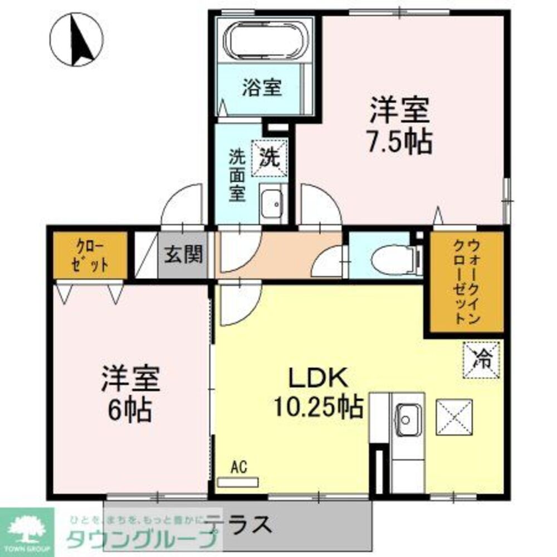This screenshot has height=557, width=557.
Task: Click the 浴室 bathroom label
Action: coord(261,87)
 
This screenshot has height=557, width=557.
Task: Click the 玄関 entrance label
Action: coord(182,256)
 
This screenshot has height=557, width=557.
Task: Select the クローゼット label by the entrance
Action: coord(90,256)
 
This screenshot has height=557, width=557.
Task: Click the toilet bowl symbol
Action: coord(393,260)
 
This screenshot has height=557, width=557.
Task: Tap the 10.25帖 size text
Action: coord(318,408)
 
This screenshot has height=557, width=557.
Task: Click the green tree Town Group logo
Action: coord(26,528)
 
